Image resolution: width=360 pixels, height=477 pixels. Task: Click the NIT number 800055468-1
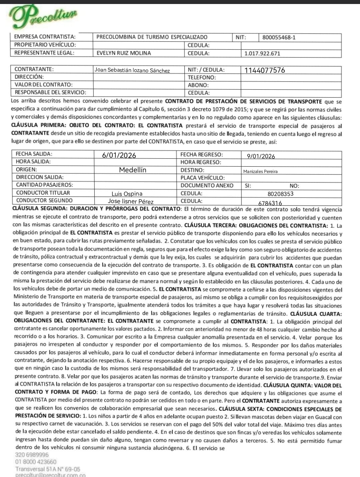pos(279,38)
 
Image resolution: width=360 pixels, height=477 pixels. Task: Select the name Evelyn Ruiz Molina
pos(124,53)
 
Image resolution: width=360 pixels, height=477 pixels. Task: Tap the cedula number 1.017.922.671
pos(262,53)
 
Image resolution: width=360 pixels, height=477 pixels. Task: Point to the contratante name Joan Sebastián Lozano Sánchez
pos(132,70)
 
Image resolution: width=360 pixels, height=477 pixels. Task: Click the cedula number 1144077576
pos(265,70)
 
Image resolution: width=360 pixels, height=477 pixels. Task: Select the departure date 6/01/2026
pos(119,155)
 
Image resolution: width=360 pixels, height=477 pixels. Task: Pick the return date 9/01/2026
pos(261,156)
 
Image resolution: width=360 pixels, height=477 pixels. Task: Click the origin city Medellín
pos(133,170)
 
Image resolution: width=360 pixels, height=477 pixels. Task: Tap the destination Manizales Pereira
pos(260,171)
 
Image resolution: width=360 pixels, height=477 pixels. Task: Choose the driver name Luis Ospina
pos(127,194)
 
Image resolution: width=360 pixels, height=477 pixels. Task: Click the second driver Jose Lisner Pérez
pos(131,201)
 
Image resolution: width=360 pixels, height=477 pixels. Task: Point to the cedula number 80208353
pos(280,194)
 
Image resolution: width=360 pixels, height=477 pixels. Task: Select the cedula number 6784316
pos(270,203)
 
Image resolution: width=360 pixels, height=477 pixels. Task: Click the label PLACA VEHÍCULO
pos(202,178)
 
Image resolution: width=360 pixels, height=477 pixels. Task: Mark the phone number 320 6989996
pos(32,455)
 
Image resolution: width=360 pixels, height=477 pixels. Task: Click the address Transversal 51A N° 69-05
pos(48,469)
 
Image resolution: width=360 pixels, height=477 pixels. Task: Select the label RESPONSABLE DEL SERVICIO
pos(50,92)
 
